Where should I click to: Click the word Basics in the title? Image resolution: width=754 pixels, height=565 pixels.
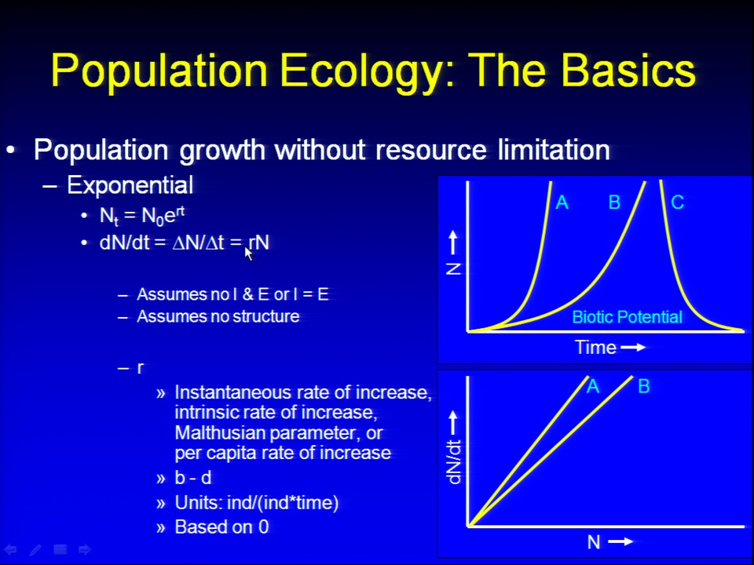pyautogui.click(x=628, y=70)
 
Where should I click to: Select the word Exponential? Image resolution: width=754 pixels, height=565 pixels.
pyautogui.click(x=130, y=185)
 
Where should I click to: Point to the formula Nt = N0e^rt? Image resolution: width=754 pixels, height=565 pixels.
pyautogui.click(x=142, y=216)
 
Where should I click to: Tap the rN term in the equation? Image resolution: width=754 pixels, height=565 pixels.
pyautogui.click(x=258, y=242)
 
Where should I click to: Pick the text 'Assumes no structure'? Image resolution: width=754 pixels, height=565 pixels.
pyautogui.click(x=218, y=316)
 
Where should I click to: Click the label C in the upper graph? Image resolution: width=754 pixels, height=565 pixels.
pyautogui.click(x=678, y=202)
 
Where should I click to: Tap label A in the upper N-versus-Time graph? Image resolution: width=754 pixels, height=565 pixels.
pyautogui.click(x=562, y=202)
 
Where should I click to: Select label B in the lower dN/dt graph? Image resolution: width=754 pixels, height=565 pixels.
pyautogui.click(x=644, y=386)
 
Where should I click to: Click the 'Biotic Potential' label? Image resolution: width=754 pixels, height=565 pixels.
pyautogui.click(x=627, y=317)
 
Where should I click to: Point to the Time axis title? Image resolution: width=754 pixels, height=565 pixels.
pyautogui.click(x=595, y=348)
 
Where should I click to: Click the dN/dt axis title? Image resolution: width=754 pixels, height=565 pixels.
pyautogui.click(x=454, y=461)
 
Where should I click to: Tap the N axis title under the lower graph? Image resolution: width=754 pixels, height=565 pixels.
pyautogui.click(x=594, y=542)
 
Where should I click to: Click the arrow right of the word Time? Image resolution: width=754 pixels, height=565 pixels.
pyautogui.click(x=633, y=348)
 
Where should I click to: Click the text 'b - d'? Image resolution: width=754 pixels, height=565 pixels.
pyautogui.click(x=193, y=478)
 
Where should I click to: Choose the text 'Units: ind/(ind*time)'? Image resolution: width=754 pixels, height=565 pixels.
pyautogui.click(x=257, y=503)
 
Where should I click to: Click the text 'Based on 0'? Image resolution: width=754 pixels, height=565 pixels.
pyautogui.click(x=221, y=527)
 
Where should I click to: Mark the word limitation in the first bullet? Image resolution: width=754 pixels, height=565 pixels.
pyautogui.click(x=554, y=149)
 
